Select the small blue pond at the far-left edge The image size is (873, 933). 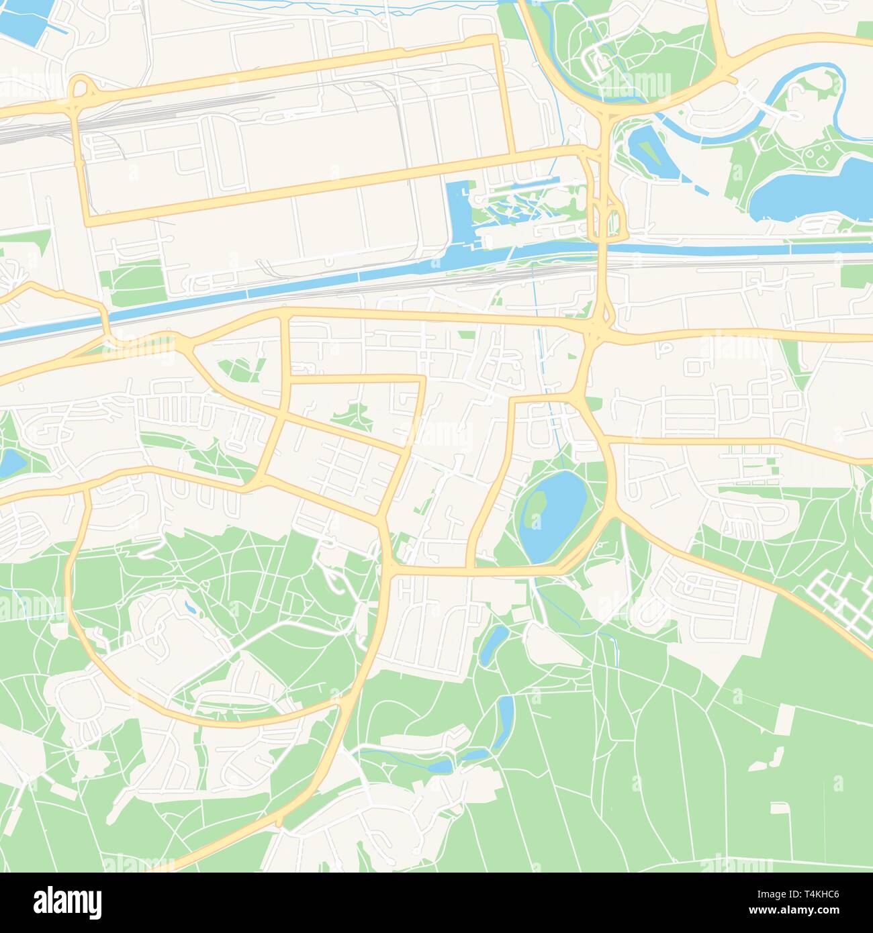pyautogui.click(x=10, y=463)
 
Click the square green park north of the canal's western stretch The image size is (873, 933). pyautogui.click(x=138, y=282)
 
